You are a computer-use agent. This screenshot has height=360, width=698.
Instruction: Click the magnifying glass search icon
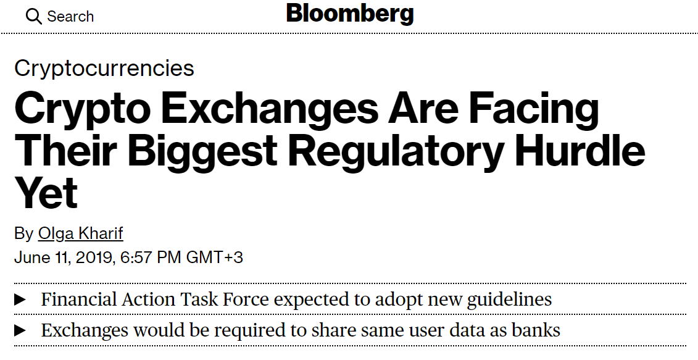click(34, 17)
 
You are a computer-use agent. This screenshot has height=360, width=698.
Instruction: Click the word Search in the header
click(71, 17)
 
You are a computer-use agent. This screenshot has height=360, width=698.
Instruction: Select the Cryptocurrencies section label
click(104, 68)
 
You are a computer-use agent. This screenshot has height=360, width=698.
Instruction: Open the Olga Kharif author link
click(81, 233)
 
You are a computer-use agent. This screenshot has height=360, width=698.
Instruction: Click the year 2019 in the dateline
click(93, 257)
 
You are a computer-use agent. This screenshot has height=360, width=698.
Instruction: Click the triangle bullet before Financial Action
click(20, 300)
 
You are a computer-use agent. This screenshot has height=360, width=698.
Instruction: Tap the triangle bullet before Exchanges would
click(20, 330)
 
